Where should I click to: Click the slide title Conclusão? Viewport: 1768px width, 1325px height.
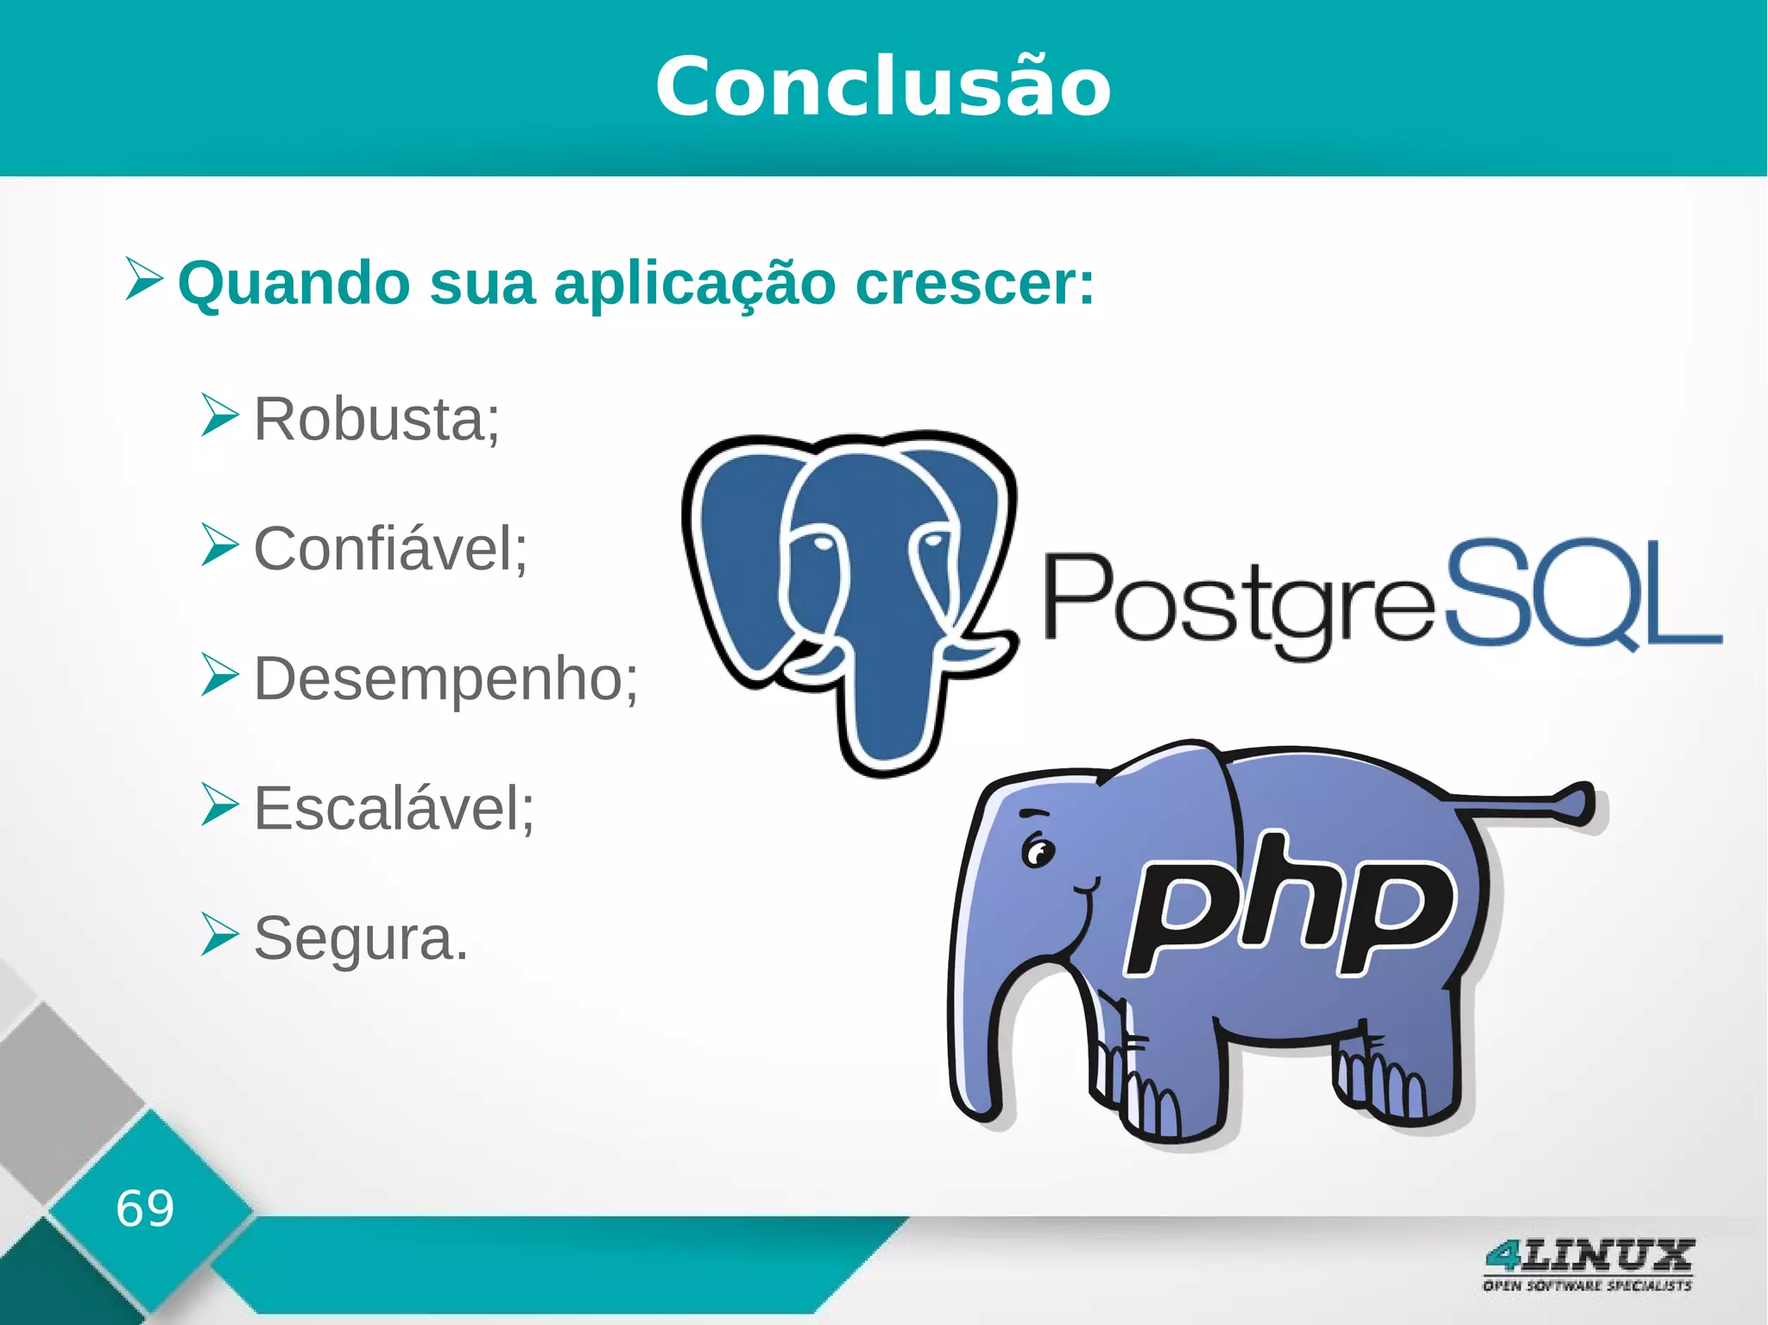pyautogui.click(x=883, y=86)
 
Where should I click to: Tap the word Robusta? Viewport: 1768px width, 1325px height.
pyautogui.click(x=376, y=420)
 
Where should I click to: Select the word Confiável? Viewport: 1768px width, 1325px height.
pyautogui.click(x=389, y=549)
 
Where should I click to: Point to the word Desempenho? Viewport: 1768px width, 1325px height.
pyautogui.click(x=445, y=679)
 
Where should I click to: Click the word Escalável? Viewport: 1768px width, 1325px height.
pyautogui.click(x=393, y=809)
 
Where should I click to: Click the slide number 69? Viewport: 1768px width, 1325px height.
pyautogui.click(x=145, y=1208)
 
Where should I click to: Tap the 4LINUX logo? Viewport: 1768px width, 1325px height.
pyautogui.click(x=1588, y=1264)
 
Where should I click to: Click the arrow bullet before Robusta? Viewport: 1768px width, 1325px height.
pyautogui.click(x=219, y=415)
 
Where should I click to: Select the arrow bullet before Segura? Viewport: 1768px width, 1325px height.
pyautogui.click(x=219, y=934)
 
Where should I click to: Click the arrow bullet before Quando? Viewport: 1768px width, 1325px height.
pyautogui.click(x=143, y=278)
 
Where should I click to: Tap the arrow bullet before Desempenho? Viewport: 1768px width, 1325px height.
pyautogui.click(x=219, y=675)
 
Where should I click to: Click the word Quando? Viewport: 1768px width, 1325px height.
pyautogui.click(x=294, y=285)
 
